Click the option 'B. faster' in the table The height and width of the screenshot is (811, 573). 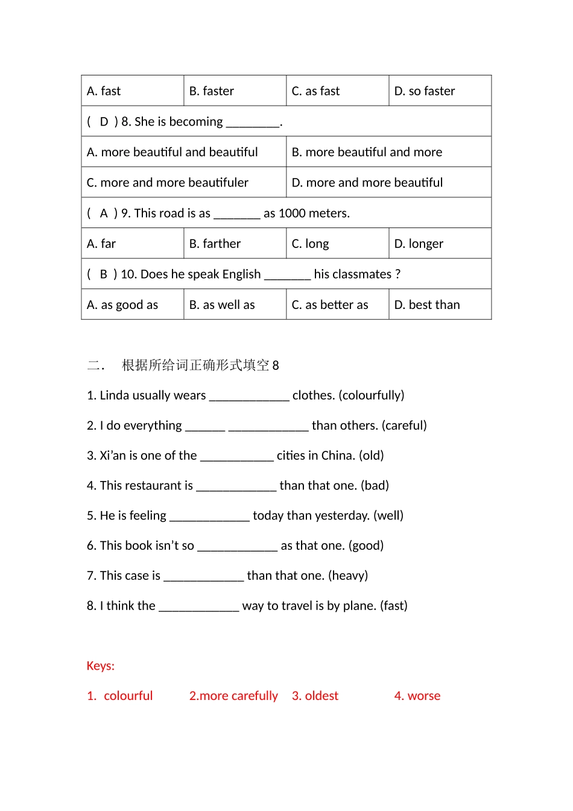pos(211,91)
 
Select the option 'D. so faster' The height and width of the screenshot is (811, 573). pos(424,91)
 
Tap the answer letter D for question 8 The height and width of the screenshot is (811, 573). pos(104,122)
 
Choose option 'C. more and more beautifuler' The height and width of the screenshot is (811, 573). pos(167,183)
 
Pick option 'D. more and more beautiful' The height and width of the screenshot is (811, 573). pos(367,183)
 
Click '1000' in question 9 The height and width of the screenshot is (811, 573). pos(292,214)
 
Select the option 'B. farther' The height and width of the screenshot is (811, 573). pos(215,244)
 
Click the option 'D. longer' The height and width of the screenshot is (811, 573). pos(418,244)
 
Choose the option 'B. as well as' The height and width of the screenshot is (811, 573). pos(221,305)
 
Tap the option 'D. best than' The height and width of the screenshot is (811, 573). pos(426,305)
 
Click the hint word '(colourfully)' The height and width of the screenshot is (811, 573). pos(372,395)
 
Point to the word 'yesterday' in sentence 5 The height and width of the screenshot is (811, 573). pos(342,516)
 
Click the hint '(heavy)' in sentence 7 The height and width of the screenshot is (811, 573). pos(348,576)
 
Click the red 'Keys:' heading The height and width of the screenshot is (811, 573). pos(100,666)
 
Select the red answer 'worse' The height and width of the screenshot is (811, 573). pos(424,696)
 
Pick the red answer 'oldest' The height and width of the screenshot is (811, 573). pos(321,696)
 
